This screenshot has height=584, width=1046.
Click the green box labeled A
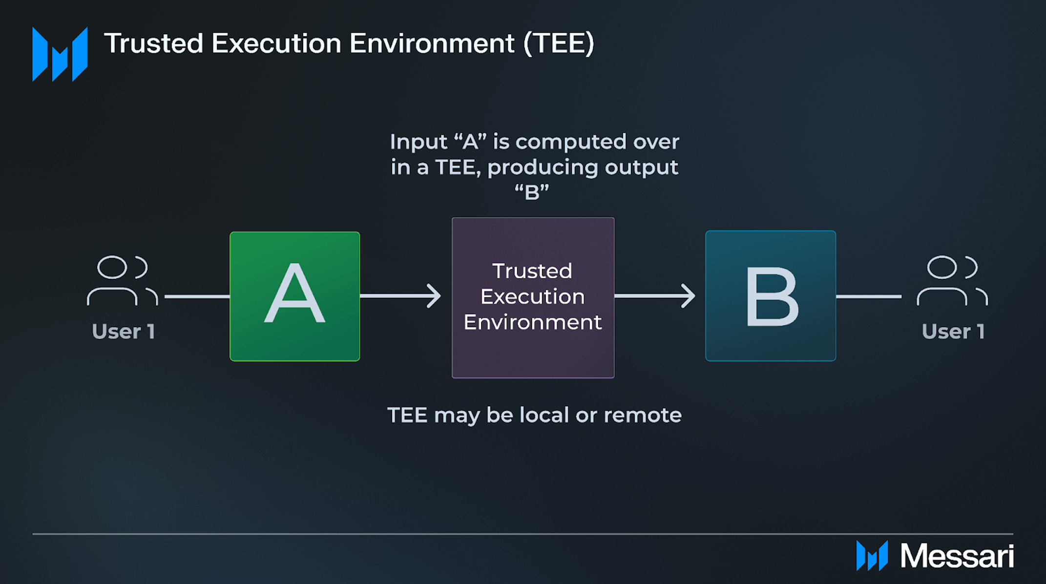point(294,296)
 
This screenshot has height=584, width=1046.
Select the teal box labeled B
point(771,296)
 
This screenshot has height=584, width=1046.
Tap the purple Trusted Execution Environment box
point(533,298)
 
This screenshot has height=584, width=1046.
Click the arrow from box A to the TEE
point(400,296)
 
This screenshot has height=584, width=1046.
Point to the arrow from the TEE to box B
point(655,296)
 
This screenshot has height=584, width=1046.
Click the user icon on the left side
point(122,280)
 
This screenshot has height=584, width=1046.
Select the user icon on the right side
point(952,280)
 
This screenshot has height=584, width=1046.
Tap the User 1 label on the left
point(124,332)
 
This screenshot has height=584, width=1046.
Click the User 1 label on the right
point(953,332)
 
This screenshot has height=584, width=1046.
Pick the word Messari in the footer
point(957,556)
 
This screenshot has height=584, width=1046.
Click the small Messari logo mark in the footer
point(872,556)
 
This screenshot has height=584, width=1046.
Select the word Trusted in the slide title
point(153,43)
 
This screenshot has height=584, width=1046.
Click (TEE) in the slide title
point(559,43)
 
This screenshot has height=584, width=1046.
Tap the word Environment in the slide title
point(432,43)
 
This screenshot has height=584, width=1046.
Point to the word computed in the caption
point(571,143)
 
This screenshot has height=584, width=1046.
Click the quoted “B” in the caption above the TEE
point(532,192)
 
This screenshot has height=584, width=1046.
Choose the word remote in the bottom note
point(643,415)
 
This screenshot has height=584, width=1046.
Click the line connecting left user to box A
point(197,296)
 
